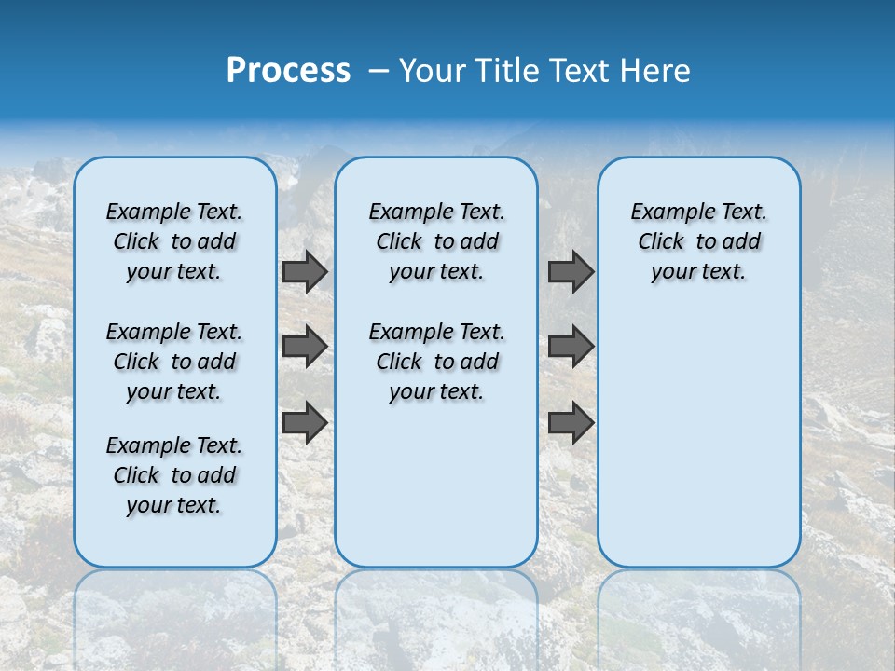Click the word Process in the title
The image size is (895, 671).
(x=288, y=70)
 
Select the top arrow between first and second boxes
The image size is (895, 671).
(x=305, y=271)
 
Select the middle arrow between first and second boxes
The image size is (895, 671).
(x=305, y=347)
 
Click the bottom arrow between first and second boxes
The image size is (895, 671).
(x=305, y=422)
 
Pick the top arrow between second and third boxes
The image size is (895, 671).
(x=571, y=271)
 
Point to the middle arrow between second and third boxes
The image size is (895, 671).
(x=571, y=347)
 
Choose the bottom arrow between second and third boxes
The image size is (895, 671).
(x=571, y=422)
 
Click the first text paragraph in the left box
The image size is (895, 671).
(x=174, y=241)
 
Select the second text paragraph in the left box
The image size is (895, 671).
(x=174, y=362)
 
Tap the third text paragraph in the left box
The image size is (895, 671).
(x=174, y=475)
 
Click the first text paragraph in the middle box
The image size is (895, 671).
(x=436, y=241)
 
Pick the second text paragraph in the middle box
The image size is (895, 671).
(x=436, y=362)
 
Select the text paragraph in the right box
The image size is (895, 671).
(x=698, y=241)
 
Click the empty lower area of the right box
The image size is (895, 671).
(x=698, y=438)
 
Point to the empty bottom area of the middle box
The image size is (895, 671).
(x=436, y=494)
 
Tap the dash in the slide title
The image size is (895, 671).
(x=379, y=70)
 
